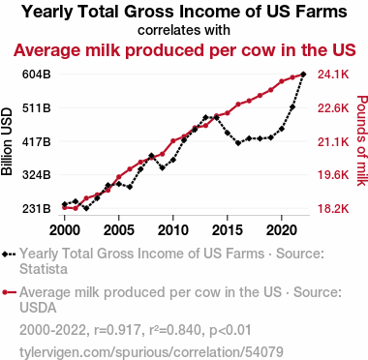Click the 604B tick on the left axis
pos(37,75)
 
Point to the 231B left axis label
pos(37,208)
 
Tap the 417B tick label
pos(37,141)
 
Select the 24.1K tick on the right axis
pos(333,75)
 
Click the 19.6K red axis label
pos(333,175)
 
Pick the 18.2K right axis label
pos(333,209)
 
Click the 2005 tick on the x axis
pos(119,230)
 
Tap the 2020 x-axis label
pos(282,230)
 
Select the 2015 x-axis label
pos(228,230)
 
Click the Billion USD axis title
pos(7,141)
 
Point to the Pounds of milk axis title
pos(362,140)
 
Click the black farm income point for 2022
pos(303,75)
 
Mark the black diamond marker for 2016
pos(238,143)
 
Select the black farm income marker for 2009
pos(163,167)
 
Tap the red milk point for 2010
pos(173,141)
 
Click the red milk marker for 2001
pos(76,208)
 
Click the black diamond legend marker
pos(5,254)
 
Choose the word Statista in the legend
pos(44,269)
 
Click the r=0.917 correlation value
pos(117,330)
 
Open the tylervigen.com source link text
pos(151,352)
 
